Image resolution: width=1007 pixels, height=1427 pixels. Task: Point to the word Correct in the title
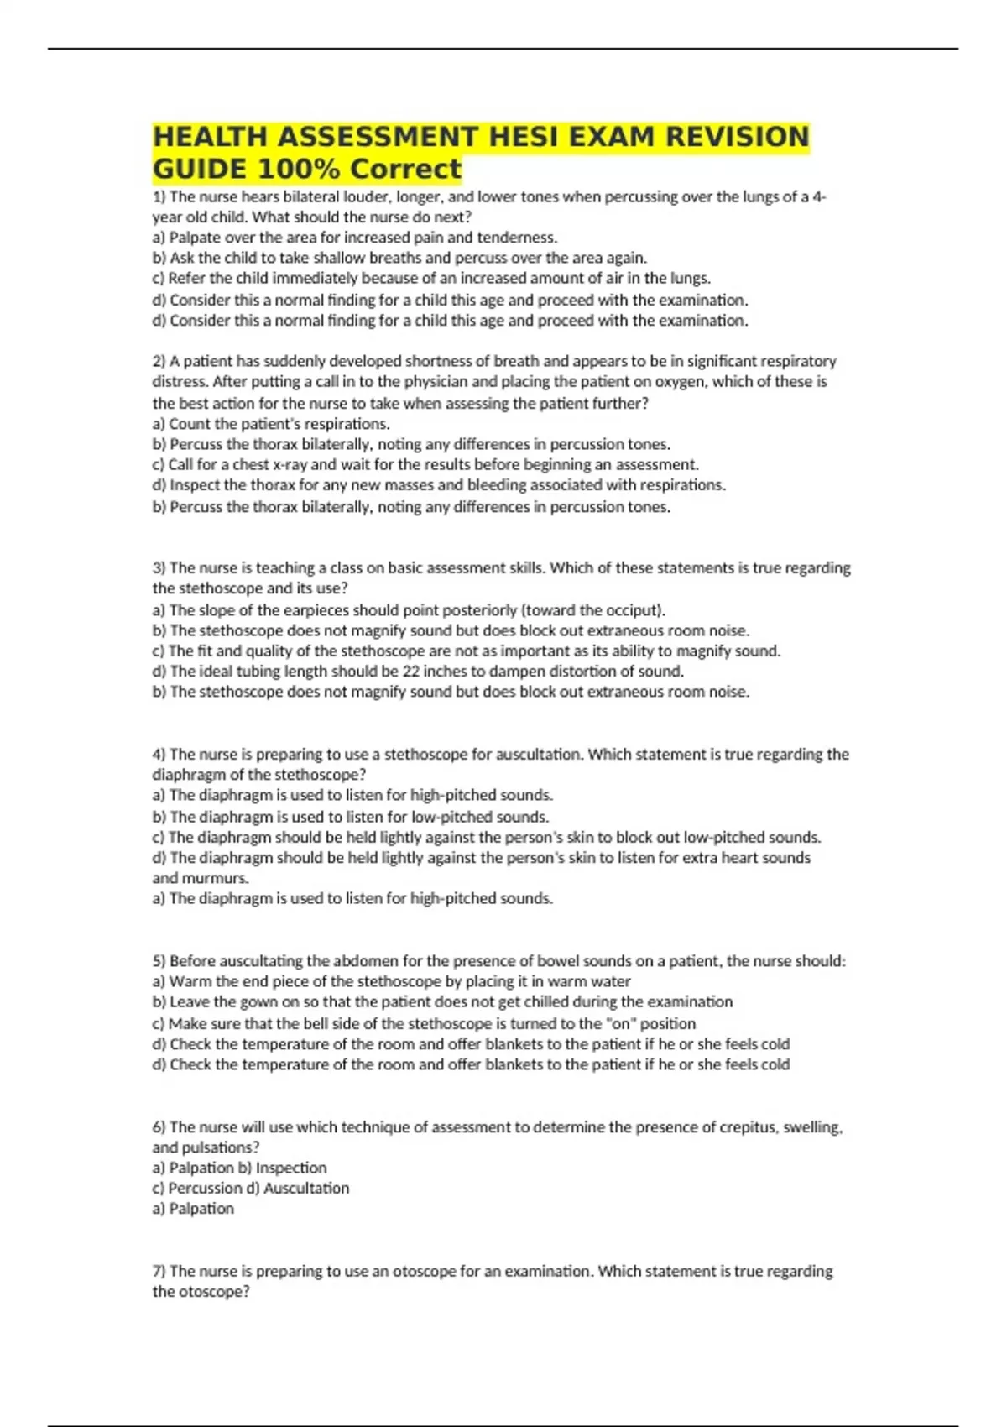point(405,169)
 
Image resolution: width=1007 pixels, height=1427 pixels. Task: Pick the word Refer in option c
point(186,278)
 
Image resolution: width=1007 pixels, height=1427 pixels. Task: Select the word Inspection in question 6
point(291,1168)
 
